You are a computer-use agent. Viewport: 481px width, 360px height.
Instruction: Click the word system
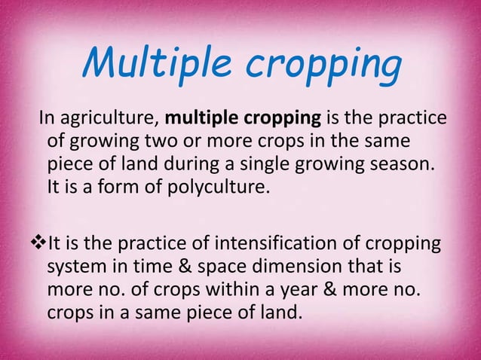[x=78, y=267]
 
